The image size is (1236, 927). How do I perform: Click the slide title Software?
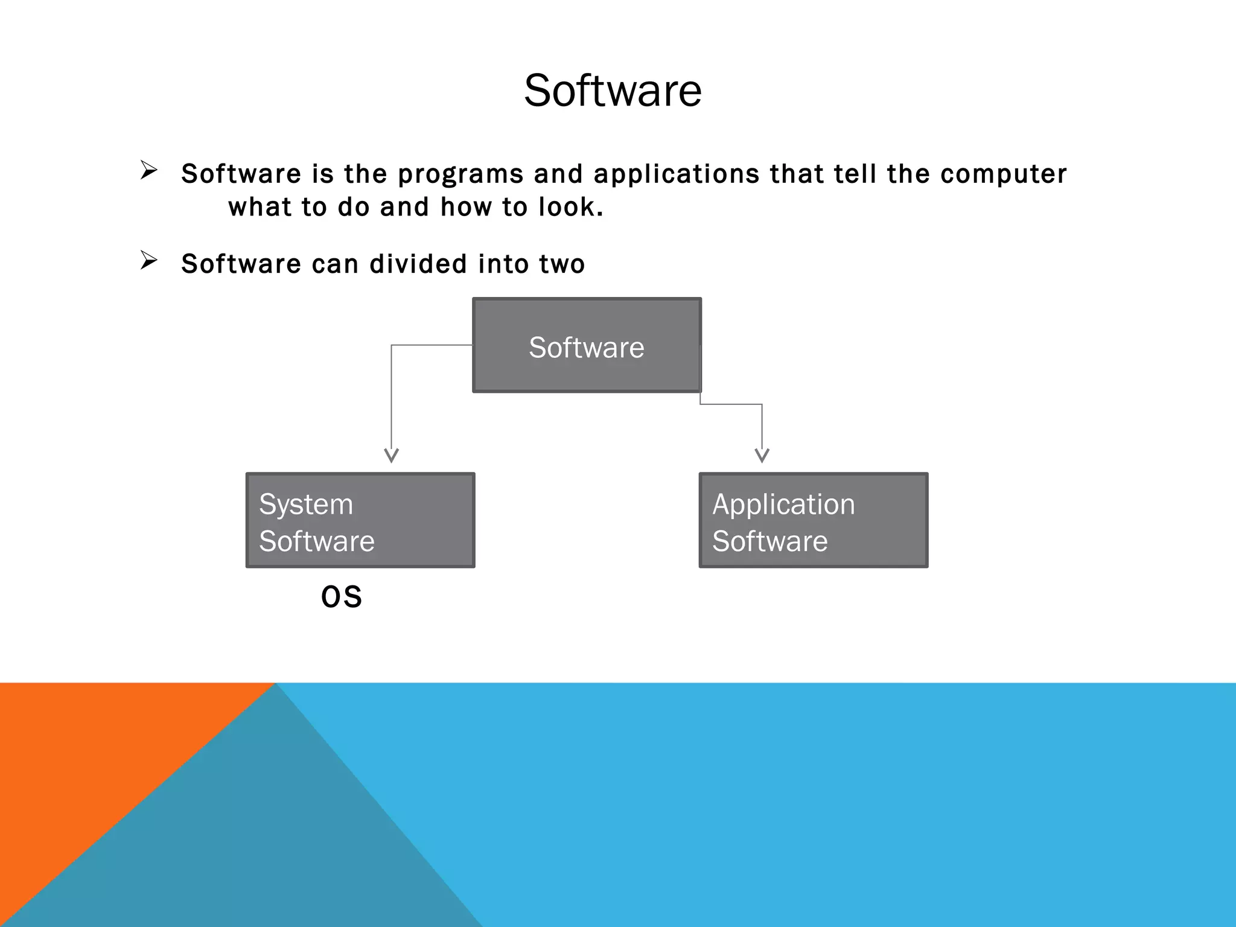[613, 91]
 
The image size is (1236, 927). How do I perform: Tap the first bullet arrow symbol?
[148, 170]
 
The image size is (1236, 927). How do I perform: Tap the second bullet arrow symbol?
[148, 260]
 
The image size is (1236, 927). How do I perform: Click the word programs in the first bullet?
[460, 174]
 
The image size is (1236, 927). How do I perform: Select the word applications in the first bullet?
[677, 174]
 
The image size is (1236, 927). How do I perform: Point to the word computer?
[1003, 174]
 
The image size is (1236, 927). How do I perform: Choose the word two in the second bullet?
[562, 264]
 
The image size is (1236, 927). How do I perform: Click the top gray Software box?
[587, 345]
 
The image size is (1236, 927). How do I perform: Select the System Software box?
[360, 520]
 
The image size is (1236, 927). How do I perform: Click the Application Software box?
[813, 520]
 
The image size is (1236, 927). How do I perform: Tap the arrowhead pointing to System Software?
[392, 455]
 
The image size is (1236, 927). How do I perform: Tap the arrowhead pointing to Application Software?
[762, 455]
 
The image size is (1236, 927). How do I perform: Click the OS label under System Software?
[342, 597]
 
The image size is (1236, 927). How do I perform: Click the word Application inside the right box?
[783, 504]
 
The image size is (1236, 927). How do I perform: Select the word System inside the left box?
[306, 504]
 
